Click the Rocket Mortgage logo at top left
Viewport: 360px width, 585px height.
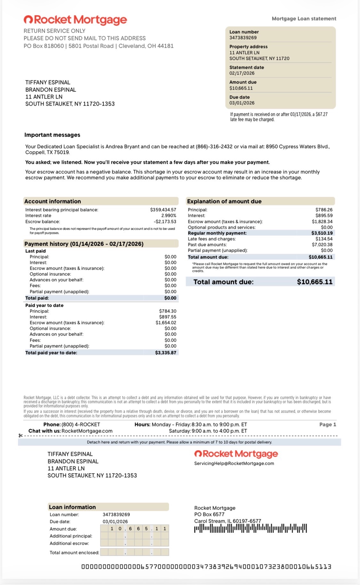pos(75,20)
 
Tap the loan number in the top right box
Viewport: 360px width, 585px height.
pos(243,38)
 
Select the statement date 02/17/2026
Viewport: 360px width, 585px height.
pos(242,73)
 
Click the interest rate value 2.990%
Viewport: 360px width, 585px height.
pos(169,216)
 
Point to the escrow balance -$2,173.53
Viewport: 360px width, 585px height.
pos(165,222)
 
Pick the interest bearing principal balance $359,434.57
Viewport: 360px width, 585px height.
pos(163,210)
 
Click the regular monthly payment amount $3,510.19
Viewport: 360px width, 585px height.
pos(322,233)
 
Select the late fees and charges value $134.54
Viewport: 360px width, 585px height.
pos(324,239)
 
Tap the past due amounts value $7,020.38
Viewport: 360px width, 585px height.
pos(322,245)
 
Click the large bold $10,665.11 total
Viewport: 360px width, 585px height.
pos(315,282)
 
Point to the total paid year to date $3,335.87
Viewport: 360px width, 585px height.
pos(165,353)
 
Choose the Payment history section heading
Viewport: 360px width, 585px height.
pos(84,244)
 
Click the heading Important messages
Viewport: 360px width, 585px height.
pos(52,135)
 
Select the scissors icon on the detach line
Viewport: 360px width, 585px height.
pos(20,436)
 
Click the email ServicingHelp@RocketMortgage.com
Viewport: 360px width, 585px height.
pos(234,463)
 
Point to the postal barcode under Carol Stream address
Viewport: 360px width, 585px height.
pos(250,528)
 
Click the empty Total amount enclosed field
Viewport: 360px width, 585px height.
pos(134,552)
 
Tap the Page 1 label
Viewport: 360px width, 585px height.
pos(327,424)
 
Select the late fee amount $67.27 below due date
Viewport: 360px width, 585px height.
pos(321,115)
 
